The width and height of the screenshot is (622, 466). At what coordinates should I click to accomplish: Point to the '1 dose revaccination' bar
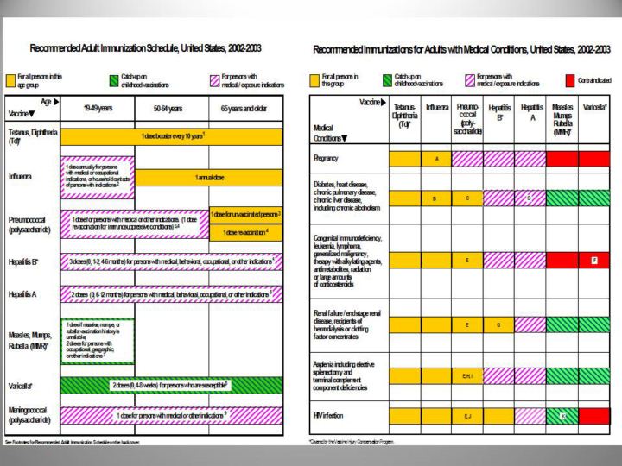click(x=245, y=232)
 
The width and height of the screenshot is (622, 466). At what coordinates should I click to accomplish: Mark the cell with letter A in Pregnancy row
click(x=436, y=159)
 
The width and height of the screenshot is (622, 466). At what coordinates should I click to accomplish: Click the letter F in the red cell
click(x=593, y=260)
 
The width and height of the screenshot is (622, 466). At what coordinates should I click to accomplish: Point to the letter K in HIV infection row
click(x=562, y=415)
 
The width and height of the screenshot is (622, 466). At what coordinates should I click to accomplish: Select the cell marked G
click(x=498, y=324)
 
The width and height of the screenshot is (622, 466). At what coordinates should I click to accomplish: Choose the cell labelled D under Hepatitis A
click(x=530, y=198)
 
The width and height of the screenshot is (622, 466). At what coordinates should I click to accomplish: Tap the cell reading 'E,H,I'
click(x=466, y=376)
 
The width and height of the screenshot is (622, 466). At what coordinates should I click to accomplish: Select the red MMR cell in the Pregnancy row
click(x=562, y=159)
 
